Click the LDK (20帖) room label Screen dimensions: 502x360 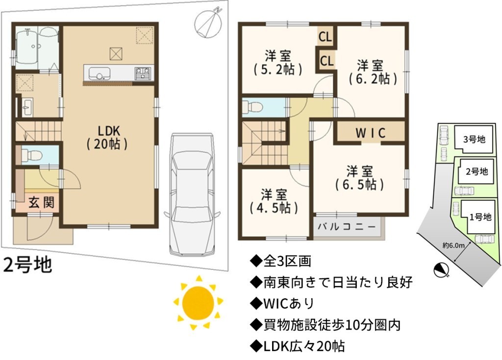[108, 138]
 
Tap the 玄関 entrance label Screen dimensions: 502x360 [42, 203]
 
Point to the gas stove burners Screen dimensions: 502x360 [142, 73]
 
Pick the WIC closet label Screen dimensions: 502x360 [371, 133]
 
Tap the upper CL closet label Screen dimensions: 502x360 [326, 37]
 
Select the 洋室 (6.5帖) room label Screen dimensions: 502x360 [359, 178]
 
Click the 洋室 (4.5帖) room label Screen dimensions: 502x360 [274, 201]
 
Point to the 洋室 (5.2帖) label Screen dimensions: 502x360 [277, 63]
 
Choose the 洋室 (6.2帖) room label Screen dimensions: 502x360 [373, 72]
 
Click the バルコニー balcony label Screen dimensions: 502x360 [347, 227]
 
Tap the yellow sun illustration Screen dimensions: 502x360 [198, 302]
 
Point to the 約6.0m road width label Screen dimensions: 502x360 [453, 245]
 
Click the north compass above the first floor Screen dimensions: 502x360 [208, 22]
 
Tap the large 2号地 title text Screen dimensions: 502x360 [27, 265]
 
